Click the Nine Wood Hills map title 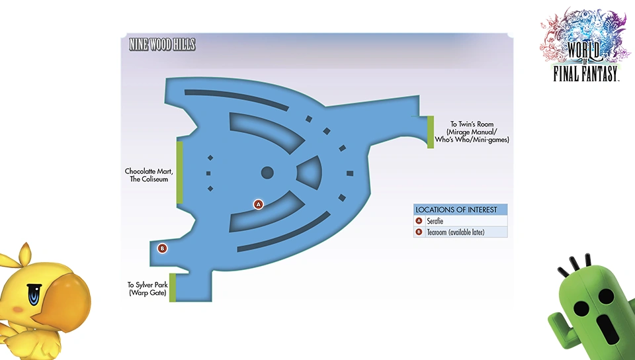162,44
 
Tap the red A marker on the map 259,204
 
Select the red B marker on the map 162,248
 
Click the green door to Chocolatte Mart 179,172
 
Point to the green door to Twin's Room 431,132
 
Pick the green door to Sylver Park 173,287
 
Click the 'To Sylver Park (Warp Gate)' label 148,289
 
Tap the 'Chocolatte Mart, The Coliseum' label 149,175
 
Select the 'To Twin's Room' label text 472,124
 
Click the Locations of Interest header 456,210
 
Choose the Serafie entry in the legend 435,221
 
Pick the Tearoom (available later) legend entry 456,232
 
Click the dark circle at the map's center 267,173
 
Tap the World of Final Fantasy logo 585,44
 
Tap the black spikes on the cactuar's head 575,263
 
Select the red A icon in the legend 419,221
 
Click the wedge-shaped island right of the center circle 310,171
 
